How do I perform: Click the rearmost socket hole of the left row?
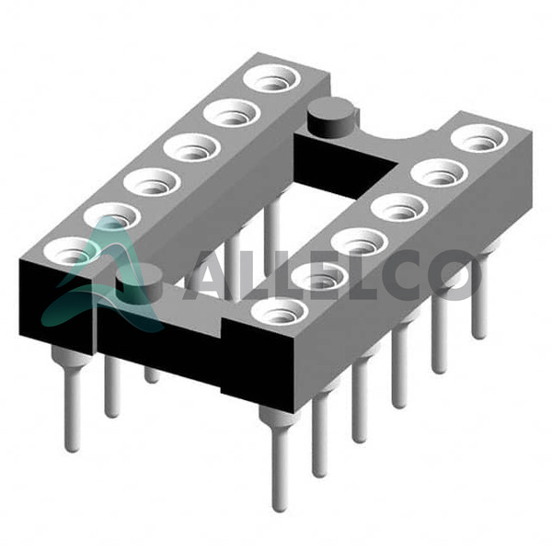tap(271, 79)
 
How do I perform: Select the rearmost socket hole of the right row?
tap(479, 138)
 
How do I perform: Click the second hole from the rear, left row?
tap(232, 113)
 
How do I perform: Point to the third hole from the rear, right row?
tap(399, 208)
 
